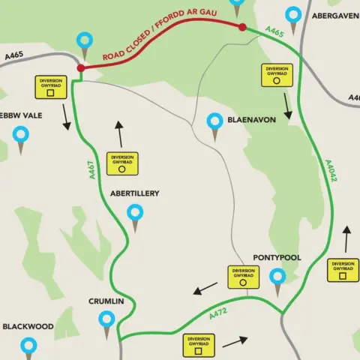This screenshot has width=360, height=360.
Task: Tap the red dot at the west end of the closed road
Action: click(80, 68)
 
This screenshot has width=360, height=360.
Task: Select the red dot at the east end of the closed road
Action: click(241, 28)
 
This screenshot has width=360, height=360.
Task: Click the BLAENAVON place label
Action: click(251, 120)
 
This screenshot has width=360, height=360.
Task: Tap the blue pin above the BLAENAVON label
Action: click(216, 121)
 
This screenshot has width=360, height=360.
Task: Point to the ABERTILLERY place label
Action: click(135, 193)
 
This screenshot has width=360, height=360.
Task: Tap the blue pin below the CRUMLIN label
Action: click(106, 322)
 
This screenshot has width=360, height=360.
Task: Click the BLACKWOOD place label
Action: click(28, 327)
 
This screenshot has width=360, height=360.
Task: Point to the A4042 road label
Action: click(331, 171)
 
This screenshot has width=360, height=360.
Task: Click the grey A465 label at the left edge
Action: click(13, 55)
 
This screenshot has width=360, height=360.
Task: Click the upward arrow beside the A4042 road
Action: click(346, 238)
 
